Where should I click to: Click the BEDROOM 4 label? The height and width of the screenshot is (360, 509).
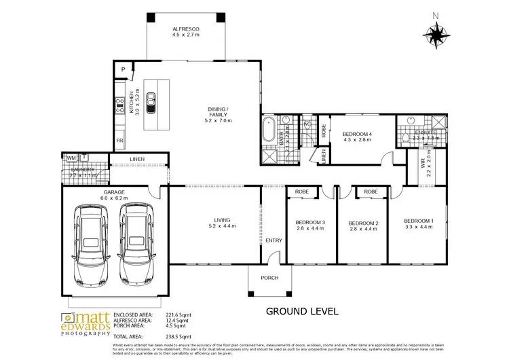[x=357, y=134]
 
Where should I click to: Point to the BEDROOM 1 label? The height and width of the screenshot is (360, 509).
[x=418, y=221]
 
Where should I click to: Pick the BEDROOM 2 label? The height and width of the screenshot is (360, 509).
[x=362, y=223]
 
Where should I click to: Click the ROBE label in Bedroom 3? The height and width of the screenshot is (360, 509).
[x=302, y=192]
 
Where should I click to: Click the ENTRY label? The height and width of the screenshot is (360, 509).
[x=274, y=240]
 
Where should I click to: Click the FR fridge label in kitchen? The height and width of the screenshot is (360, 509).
[x=119, y=141]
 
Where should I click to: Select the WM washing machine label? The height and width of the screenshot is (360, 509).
[x=71, y=158]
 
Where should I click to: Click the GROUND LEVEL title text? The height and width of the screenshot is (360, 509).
[x=301, y=311]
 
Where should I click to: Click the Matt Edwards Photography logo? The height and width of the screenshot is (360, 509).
[x=85, y=324]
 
